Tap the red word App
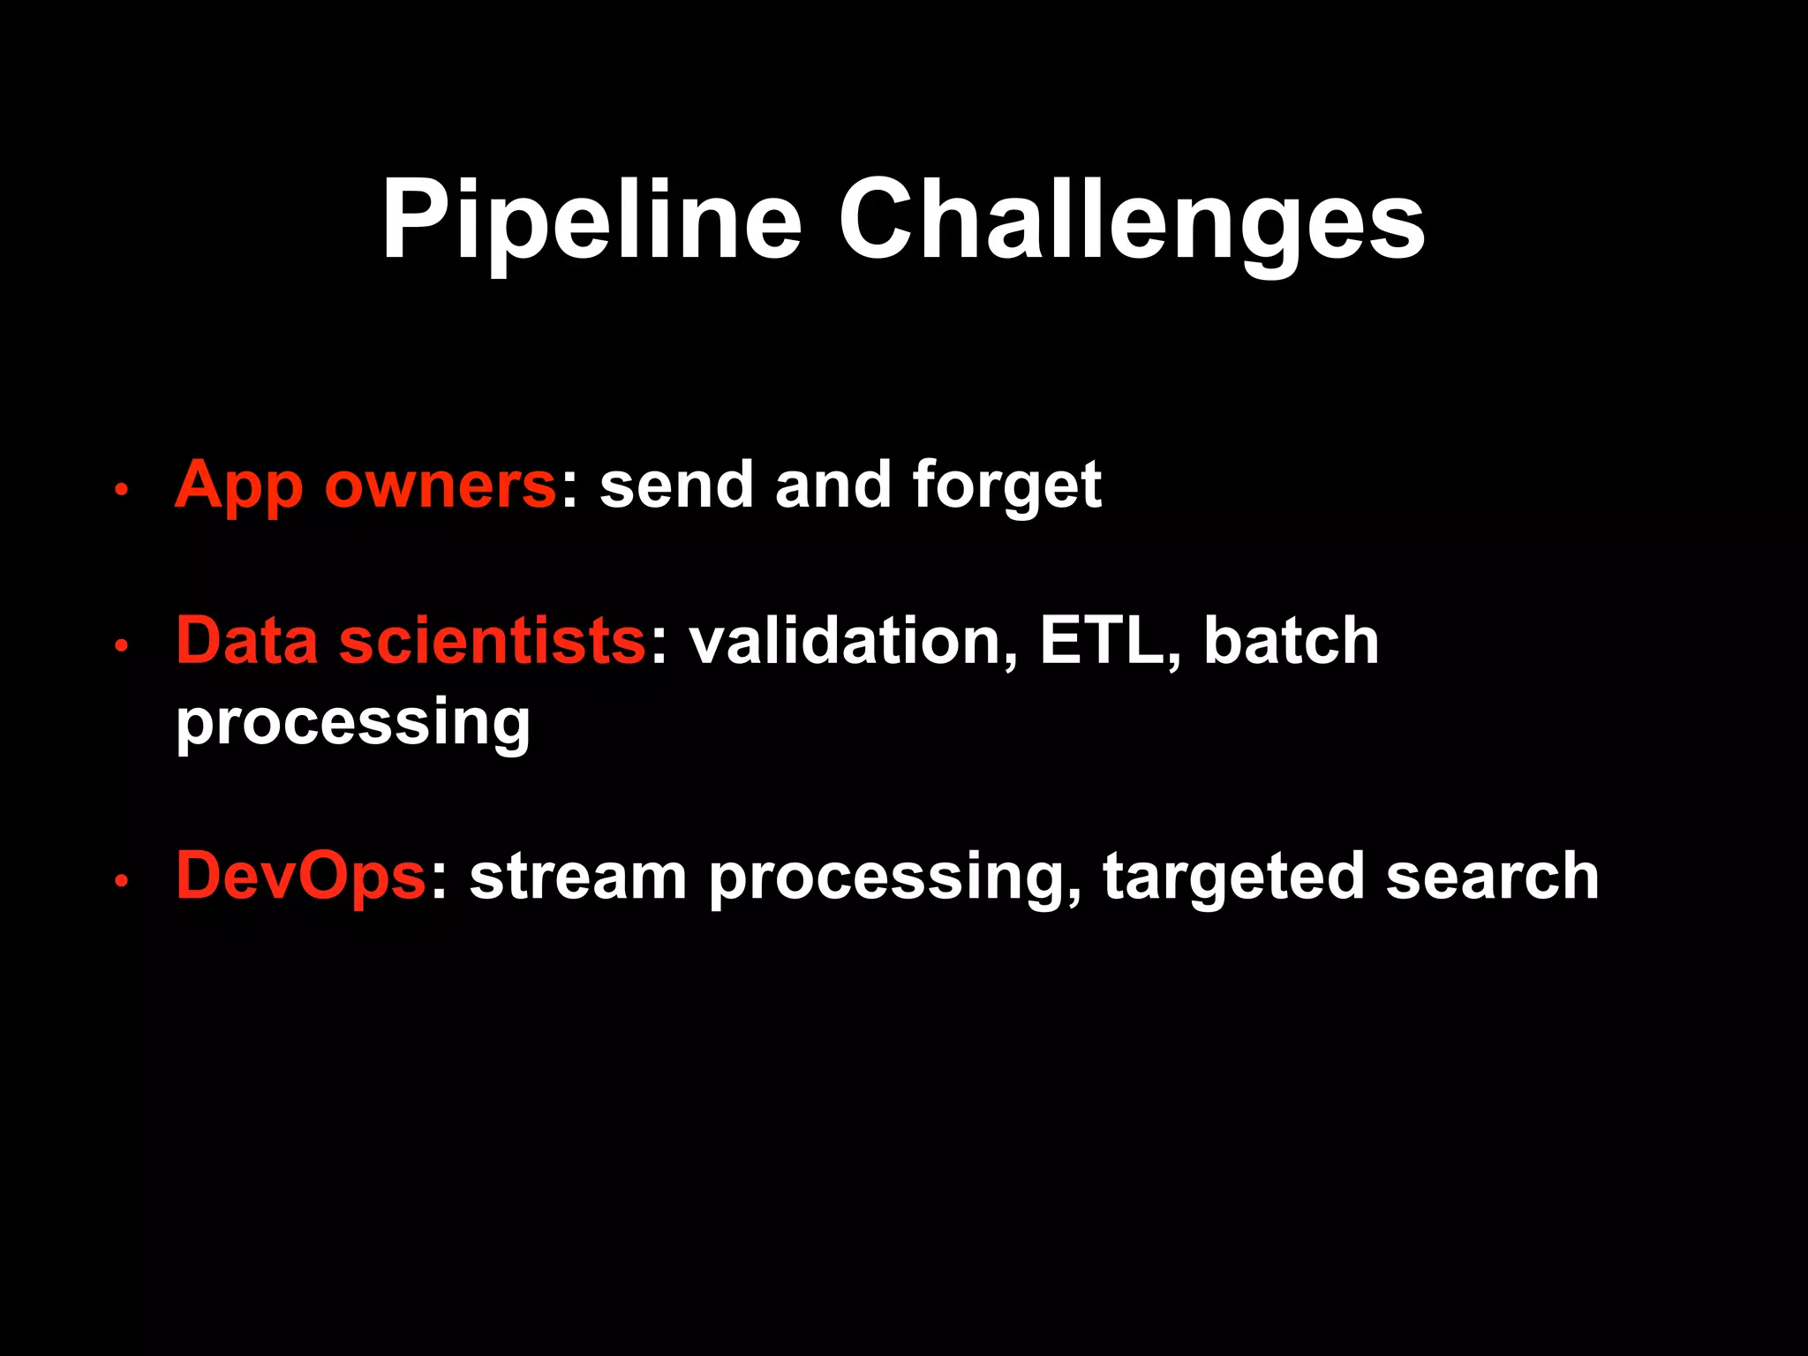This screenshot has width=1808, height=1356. [x=237, y=486]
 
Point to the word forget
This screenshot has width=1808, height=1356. [x=1006, y=486]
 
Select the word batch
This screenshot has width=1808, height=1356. [x=1291, y=640]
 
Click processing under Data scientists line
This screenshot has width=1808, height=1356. [x=353, y=722]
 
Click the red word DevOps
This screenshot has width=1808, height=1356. [x=301, y=876]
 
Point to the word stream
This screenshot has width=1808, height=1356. [x=578, y=876]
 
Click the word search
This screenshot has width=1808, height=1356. [x=1492, y=876]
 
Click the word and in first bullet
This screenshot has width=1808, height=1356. [x=832, y=486]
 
